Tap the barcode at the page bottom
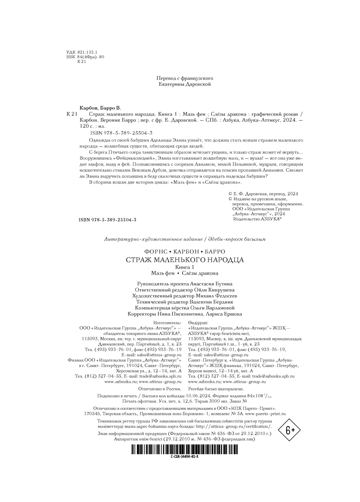185,449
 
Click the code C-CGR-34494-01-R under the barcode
185,457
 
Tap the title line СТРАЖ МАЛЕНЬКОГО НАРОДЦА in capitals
185,260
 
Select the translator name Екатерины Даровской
185,84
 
